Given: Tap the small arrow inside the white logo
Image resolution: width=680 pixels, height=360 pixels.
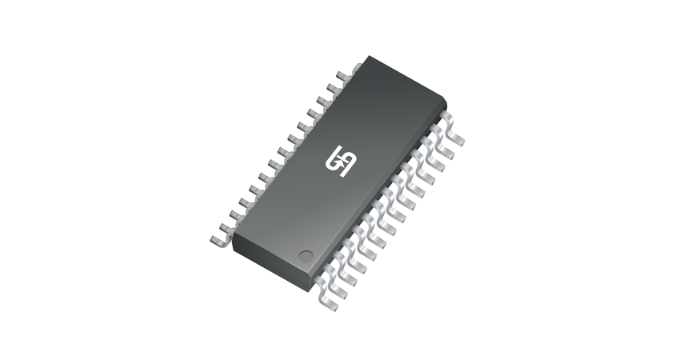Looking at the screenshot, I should coord(346,162).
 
